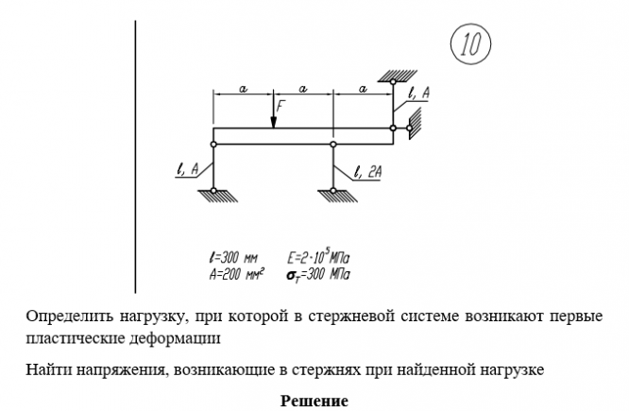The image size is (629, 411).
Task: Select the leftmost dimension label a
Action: tap(243, 87)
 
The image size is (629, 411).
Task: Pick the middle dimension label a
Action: tap(303, 87)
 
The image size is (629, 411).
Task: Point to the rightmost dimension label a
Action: tap(363, 87)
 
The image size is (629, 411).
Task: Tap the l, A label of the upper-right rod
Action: tap(417, 93)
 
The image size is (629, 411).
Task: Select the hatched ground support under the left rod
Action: tap(213, 196)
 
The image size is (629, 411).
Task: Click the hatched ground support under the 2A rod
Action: tap(333, 196)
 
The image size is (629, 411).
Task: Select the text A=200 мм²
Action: tap(236, 274)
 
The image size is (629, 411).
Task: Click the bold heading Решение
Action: tap(314, 400)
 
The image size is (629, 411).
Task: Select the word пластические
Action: tap(72, 335)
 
